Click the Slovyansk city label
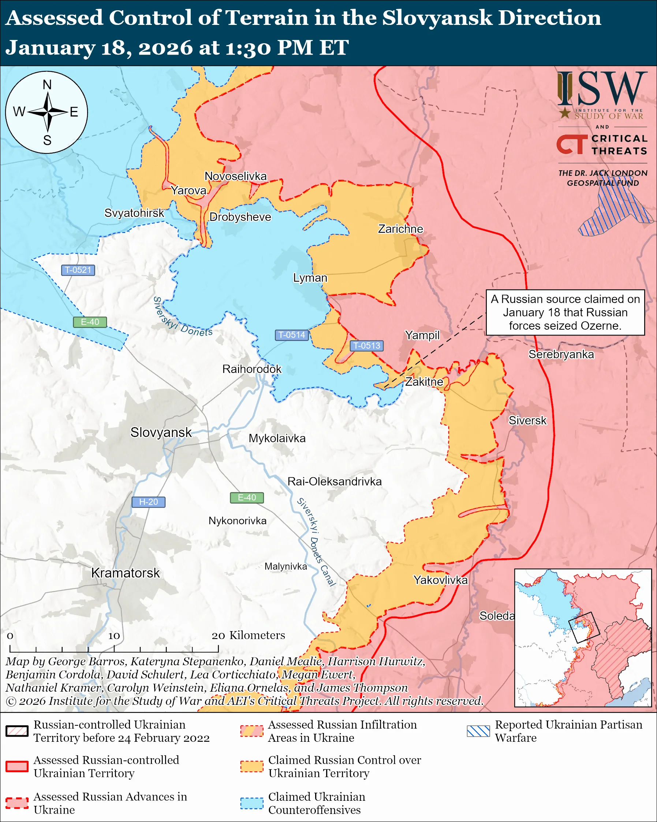coord(161,432)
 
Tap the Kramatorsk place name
coord(125,573)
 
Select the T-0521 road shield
coord(78,270)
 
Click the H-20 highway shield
coord(148,502)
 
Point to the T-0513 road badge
coord(366,345)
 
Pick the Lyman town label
coord(310,278)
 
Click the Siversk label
coord(527,421)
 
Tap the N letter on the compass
coord(47,85)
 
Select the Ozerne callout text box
coord(565,312)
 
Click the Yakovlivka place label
coord(440,580)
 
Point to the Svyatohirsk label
coord(134,213)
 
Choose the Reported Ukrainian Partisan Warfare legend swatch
coord(478,731)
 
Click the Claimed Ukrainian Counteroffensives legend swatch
coord(251,803)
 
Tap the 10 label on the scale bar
coord(114,636)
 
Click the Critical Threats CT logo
coord(572,144)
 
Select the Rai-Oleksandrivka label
coord(335,482)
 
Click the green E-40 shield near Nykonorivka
coord(246,497)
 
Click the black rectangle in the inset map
coord(584,627)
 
